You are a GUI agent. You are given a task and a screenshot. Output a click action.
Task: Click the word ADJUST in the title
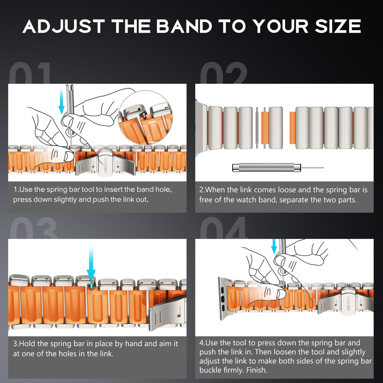click(63, 26)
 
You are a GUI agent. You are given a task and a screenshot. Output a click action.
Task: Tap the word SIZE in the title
click(338, 26)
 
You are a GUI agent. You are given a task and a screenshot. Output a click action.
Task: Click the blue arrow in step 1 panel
click(61, 101)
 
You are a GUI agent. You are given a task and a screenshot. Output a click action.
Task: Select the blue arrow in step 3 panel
click(91, 263)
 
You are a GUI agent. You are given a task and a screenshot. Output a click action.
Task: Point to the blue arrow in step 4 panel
click(274, 246)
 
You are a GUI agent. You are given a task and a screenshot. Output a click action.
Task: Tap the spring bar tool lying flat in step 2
click(278, 167)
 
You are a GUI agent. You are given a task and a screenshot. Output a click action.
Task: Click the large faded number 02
click(224, 73)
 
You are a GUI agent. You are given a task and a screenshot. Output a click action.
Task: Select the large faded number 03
click(34, 228)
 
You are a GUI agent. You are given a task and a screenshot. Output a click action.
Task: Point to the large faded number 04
click(224, 228)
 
